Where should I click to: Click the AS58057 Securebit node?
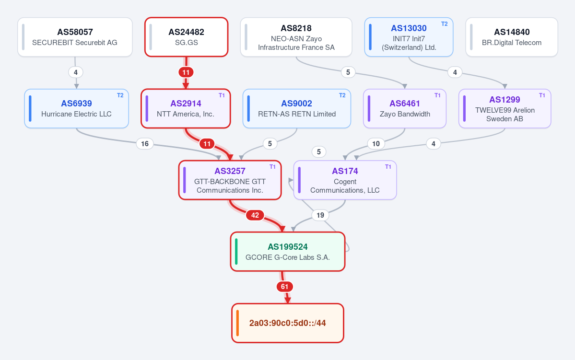coord(75,37)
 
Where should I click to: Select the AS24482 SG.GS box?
coord(186,37)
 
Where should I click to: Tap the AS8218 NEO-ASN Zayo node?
coord(296,37)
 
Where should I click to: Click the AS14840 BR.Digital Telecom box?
coord(512,37)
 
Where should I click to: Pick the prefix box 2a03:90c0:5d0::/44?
coord(288,323)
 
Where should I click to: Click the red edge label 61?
coord(284,287)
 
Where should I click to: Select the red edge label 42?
coord(255,215)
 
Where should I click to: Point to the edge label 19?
coord(320,215)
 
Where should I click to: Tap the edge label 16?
coord(145,144)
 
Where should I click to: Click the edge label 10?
coord(376,144)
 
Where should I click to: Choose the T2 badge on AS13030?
coord(444,24)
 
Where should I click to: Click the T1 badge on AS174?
coord(388,167)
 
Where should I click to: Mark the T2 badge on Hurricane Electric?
coord(120,95)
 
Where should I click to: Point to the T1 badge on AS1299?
coord(542,95)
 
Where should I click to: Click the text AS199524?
coord(288,247)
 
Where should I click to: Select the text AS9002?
coord(297,104)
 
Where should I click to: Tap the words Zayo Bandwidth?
coord(405,114)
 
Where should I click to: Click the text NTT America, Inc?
coord(186,114)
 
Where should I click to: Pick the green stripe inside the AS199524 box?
coord(236,252)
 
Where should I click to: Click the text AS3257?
coord(230,171)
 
